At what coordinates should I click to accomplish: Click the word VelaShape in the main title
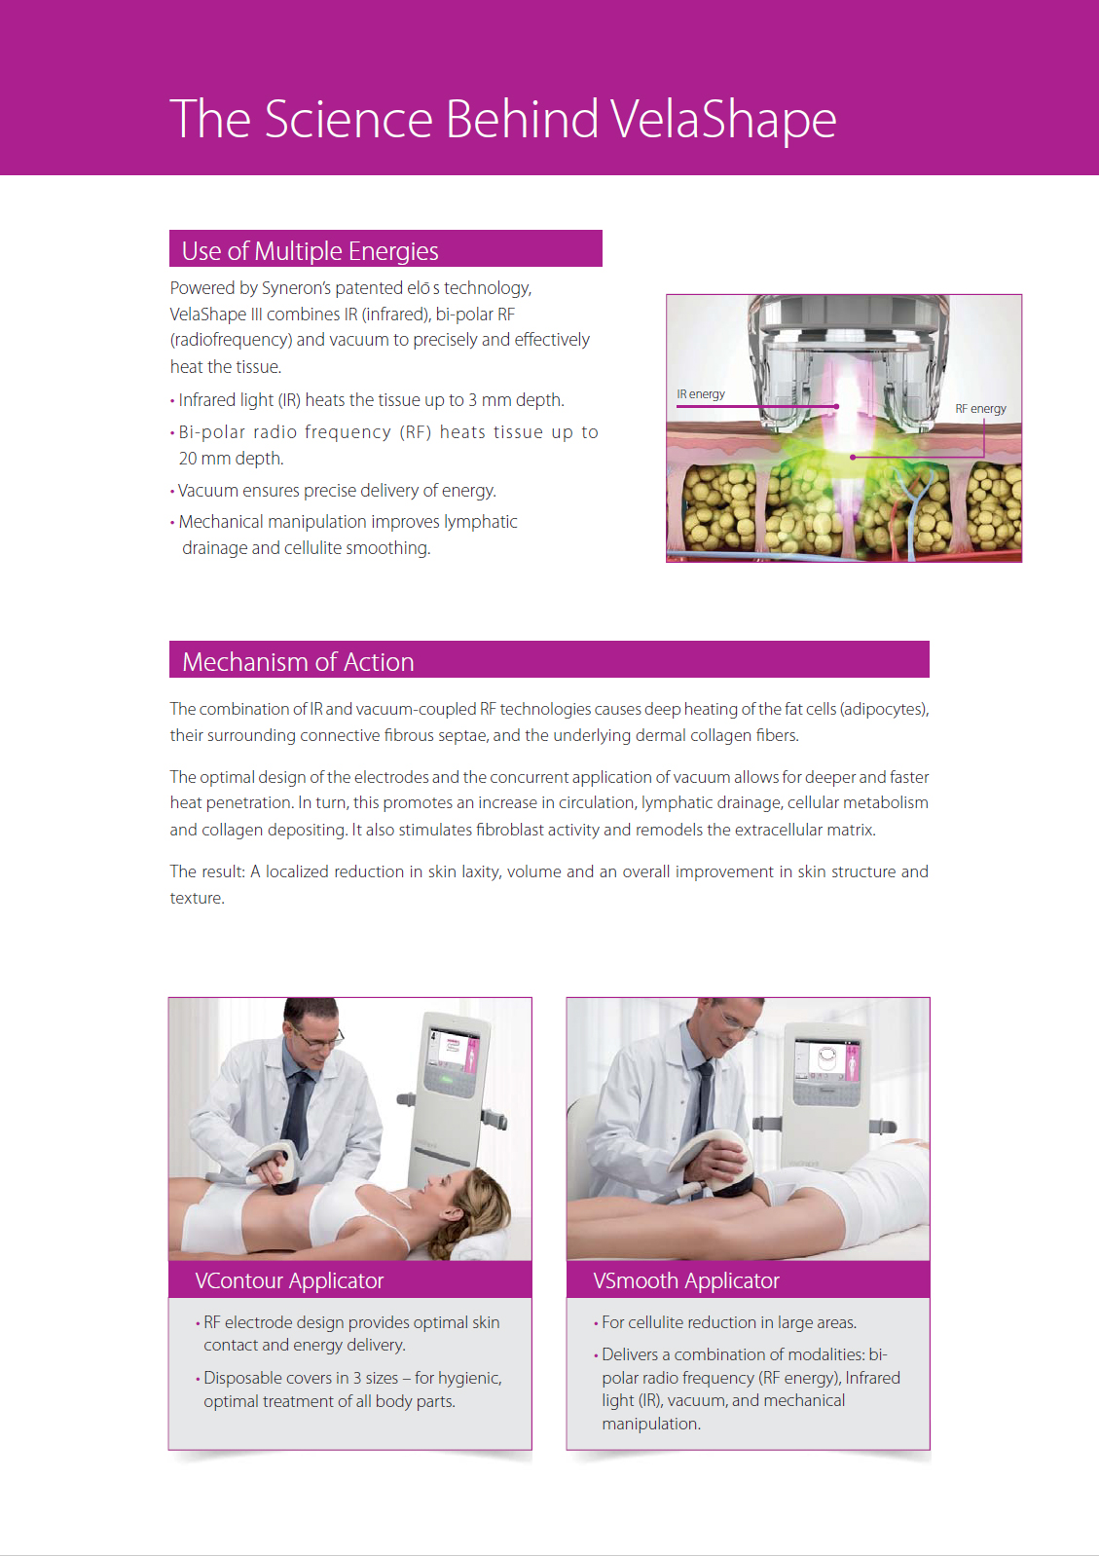click(723, 119)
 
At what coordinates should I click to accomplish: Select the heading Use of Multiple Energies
click(310, 251)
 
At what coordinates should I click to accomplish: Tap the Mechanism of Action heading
click(298, 662)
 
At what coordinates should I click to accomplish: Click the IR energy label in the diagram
click(701, 394)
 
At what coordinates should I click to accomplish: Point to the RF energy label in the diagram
click(980, 409)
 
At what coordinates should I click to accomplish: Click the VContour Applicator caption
click(289, 1280)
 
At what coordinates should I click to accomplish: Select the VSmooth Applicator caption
click(686, 1280)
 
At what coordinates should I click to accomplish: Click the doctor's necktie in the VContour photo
click(297, 1111)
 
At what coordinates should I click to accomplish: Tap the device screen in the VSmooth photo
click(826, 1061)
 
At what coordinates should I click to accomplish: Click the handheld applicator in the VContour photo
click(275, 1166)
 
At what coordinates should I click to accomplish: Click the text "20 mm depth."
click(231, 459)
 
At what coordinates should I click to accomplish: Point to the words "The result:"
click(207, 871)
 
